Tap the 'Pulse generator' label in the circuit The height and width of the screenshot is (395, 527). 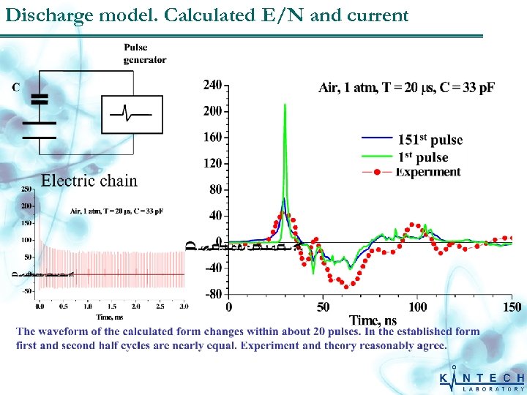[x=144, y=54]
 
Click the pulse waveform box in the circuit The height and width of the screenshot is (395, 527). [x=131, y=115]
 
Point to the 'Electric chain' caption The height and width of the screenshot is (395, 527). [x=89, y=181]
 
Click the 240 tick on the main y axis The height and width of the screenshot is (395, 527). [x=212, y=86]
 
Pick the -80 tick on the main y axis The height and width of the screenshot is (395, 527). [x=212, y=294]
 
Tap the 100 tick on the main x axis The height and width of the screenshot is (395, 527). [x=417, y=307]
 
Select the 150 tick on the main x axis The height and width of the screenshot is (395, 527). [x=512, y=307]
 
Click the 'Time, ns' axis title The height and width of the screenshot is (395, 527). [x=373, y=320]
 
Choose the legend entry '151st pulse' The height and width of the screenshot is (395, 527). [x=430, y=140]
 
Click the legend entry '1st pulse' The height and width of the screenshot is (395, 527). [x=422, y=157]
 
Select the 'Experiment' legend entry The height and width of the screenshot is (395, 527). [x=429, y=173]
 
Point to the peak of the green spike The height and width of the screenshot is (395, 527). [x=285, y=105]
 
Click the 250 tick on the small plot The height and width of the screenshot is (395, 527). [x=26, y=189]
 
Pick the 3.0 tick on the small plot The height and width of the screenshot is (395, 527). [x=182, y=306]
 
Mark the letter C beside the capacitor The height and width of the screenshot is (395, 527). [x=15, y=88]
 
